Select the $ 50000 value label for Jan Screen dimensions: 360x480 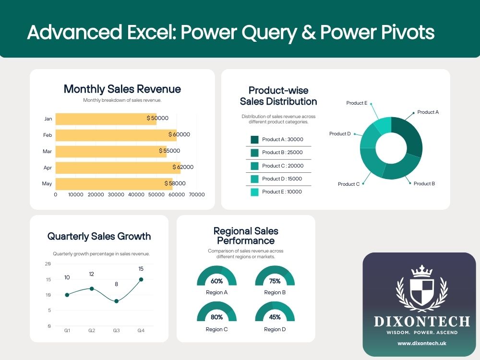(157, 118)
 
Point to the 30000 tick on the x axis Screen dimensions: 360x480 (116, 194)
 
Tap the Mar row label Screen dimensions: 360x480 (47, 151)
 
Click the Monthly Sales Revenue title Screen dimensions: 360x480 (122, 89)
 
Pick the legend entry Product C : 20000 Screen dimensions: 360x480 (283, 166)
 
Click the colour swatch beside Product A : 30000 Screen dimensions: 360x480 (254, 140)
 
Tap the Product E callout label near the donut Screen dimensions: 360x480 (357, 103)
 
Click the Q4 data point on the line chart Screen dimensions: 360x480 (141, 279)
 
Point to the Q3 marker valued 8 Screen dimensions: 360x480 (116, 301)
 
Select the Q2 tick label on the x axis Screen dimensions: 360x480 (92, 330)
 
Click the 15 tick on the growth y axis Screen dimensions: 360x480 (48, 279)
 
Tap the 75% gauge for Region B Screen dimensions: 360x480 (275, 277)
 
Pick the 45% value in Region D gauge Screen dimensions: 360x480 (275, 317)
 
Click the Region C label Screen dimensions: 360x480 (216, 330)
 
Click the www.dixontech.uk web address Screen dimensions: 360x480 (419, 344)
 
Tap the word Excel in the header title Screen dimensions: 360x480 (144, 32)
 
